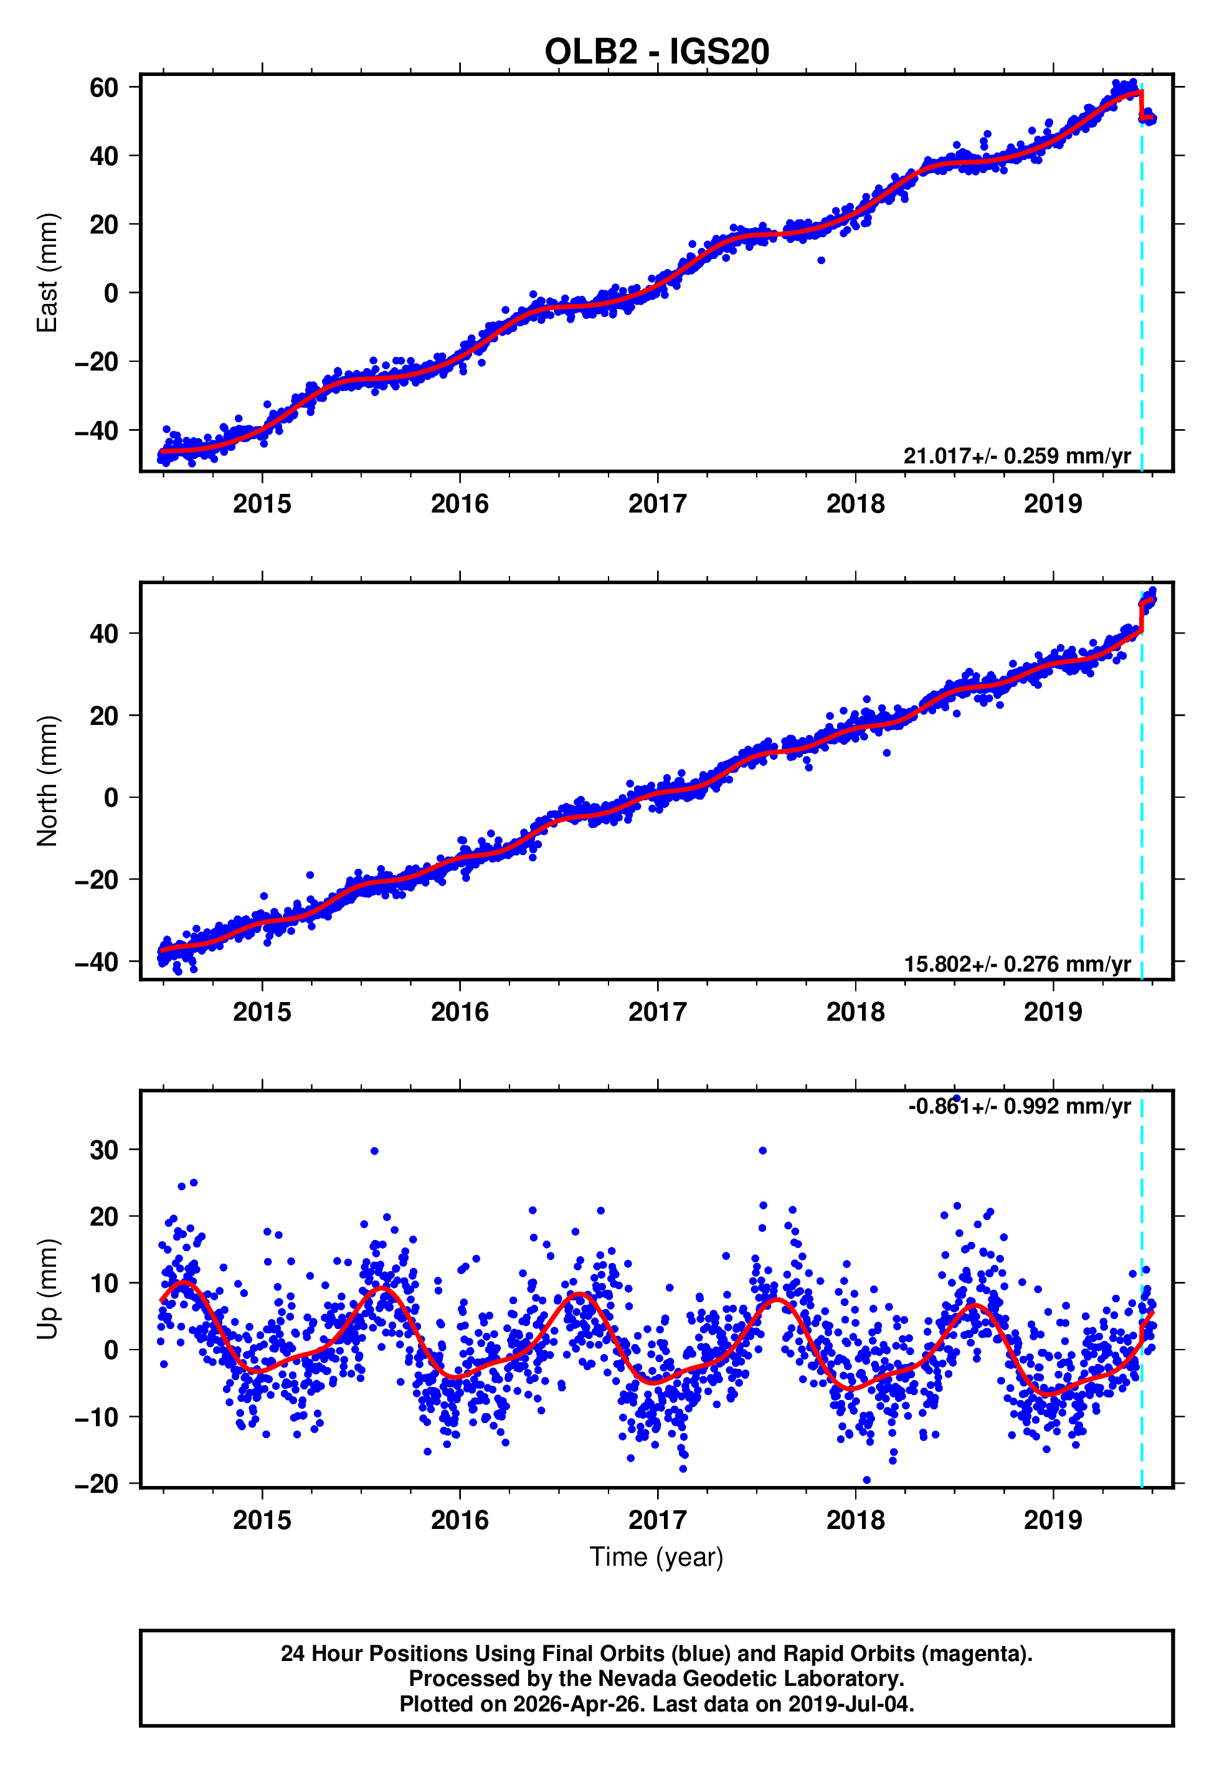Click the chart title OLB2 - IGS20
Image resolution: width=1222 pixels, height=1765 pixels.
coord(656,52)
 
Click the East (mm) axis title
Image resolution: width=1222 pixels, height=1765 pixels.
coord(47,273)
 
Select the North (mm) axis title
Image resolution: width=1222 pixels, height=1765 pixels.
coord(47,781)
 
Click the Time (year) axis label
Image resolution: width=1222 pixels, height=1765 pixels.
coord(656,1557)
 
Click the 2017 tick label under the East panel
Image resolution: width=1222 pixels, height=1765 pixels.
coord(657,504)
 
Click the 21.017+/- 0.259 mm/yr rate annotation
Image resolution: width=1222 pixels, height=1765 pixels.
coord(1017,456)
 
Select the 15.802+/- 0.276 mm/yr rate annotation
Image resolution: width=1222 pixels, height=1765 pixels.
coord(1017,964)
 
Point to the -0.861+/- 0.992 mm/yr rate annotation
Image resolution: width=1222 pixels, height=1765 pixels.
coord(1019,1107)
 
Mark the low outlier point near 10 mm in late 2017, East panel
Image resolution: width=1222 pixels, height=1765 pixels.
coord(821,260)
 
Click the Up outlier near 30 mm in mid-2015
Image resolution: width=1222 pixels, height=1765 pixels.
coord(374,1151)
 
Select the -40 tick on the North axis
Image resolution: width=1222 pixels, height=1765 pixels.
coord(97,962)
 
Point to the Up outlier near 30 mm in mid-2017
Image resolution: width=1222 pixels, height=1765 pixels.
coord(762,1150)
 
